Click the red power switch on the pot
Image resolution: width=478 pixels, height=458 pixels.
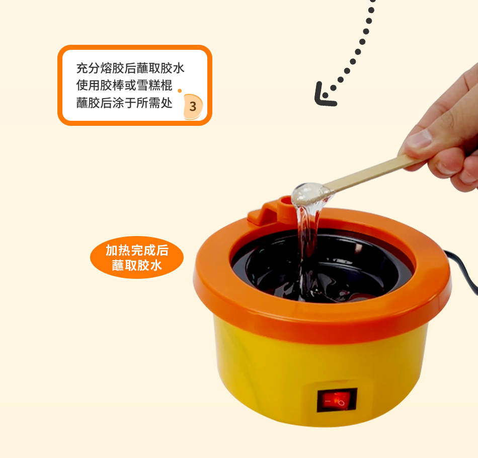click(337, 400)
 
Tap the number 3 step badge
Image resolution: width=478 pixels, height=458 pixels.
click(193, 106)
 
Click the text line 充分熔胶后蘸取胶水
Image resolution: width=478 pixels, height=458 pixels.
click(130, 68)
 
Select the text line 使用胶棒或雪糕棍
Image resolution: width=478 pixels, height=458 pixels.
click(124, 86)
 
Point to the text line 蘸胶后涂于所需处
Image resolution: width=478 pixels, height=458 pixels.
click(124, 103)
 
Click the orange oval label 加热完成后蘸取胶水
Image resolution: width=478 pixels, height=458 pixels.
click(137, 257)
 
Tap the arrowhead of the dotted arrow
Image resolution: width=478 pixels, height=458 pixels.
click(324, 95)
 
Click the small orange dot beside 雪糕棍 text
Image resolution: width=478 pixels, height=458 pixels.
click(180, 91)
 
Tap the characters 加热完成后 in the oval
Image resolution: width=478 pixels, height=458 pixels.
click(137, 250)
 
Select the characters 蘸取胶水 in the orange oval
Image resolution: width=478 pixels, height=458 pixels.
click(137, 265)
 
